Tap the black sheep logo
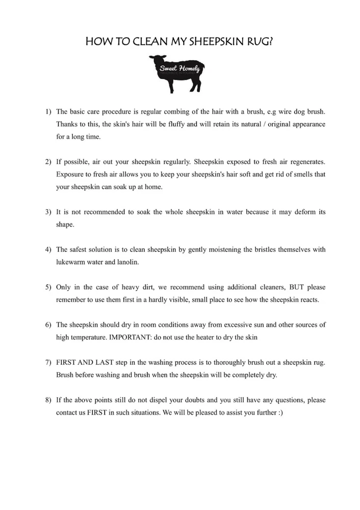(x=176, y=74)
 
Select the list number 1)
(x=48, y=111)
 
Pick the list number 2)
(x=48, y=162)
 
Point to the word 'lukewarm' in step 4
(x=71, y=262)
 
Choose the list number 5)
(x=48, y=287)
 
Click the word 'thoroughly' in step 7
(x=235, y=363)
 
